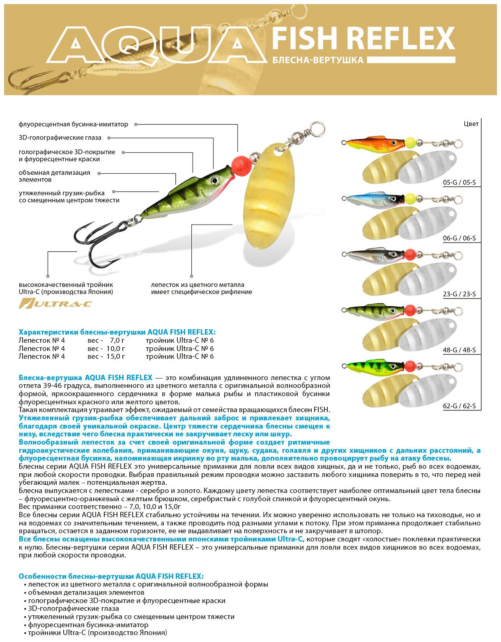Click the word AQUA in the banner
coord(156,45)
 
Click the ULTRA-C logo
coord(55,304)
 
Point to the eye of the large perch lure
coord(214,180)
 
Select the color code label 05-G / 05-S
coord(459,182)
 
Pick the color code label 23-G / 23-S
coord(459,294)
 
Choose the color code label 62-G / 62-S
coord(459,406)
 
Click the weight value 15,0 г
coord(115,356)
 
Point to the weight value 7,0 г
coord(117,340)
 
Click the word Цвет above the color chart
coord(471,124)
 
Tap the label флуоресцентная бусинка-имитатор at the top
coord(74,124)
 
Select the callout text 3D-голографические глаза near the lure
coord(60,138)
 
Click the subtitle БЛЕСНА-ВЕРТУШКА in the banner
coord(318,60)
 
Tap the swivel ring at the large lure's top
coord(317,129)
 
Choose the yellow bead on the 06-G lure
coord(410,199)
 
